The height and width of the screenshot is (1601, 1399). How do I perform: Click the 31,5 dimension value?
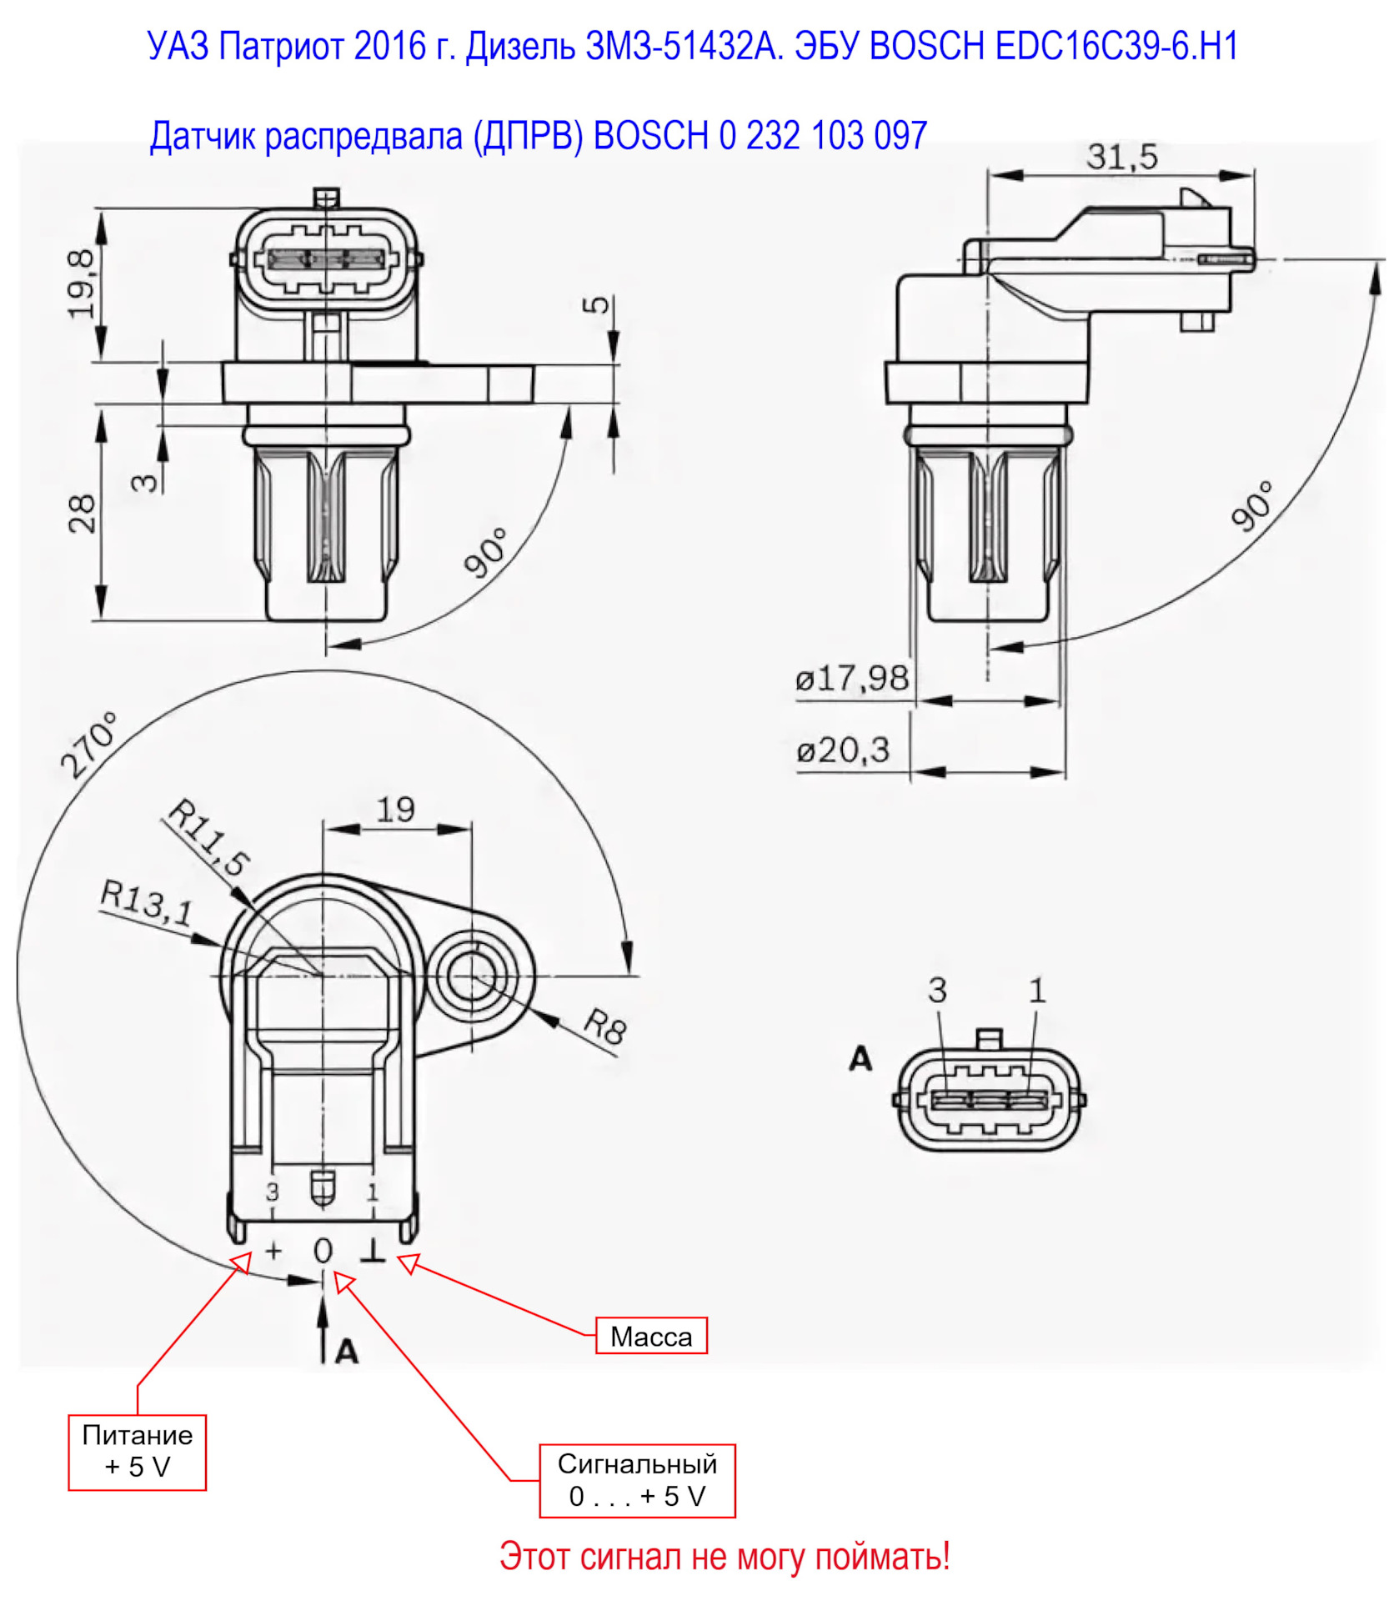point(1121,157)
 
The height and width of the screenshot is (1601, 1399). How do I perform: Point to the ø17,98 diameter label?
point(852,678)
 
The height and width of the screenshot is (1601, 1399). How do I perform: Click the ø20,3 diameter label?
point(843,750)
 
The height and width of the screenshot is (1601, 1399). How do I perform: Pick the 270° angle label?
point(89,745)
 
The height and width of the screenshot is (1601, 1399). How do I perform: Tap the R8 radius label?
point(604,1026)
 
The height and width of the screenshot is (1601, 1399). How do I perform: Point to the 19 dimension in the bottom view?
point(395,809)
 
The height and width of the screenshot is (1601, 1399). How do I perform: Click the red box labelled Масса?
point(651,1336)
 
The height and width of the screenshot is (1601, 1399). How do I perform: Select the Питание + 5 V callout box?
point(137,1452)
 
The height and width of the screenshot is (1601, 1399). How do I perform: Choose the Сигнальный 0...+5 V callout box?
point(637,1480)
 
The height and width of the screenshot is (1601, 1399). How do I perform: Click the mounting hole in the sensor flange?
point(472,976)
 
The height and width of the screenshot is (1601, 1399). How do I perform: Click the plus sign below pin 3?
point(273,1250)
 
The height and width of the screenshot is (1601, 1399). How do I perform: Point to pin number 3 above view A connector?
point(937,991)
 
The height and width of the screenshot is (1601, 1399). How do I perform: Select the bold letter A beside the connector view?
point(860,1058)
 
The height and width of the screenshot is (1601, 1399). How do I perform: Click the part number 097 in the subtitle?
point(900,135)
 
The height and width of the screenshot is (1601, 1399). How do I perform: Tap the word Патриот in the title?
point(281,46)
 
